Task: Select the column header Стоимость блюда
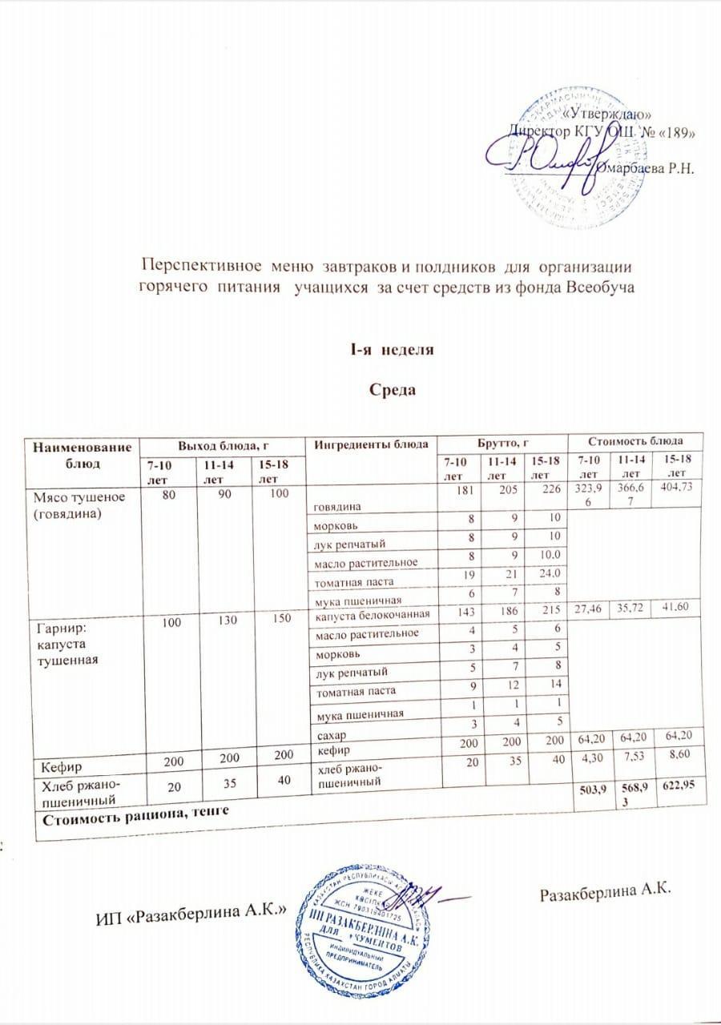(x=636, y=441)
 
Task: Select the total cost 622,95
(x=678, y=792)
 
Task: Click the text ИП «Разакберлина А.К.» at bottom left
(x=191, y=916)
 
